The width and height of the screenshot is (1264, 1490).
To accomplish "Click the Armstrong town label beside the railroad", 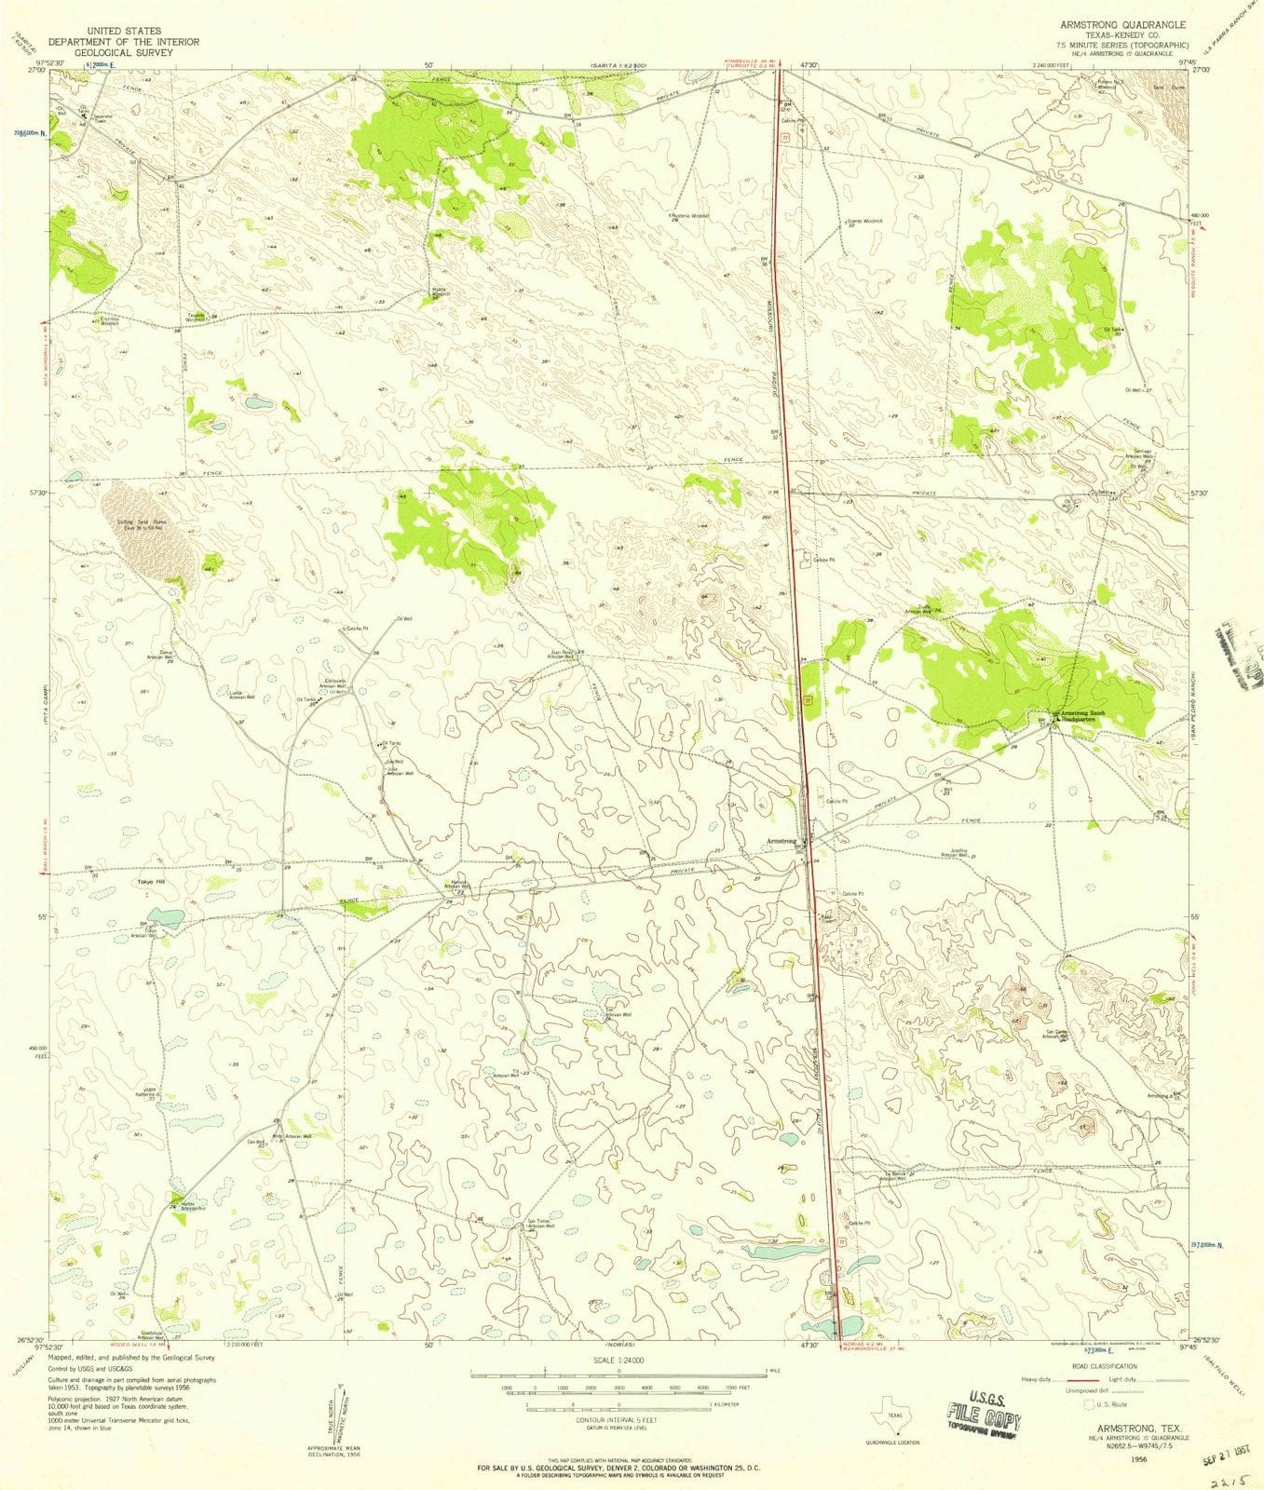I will point(781,841).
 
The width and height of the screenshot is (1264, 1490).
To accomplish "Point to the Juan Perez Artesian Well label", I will point(565,654).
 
